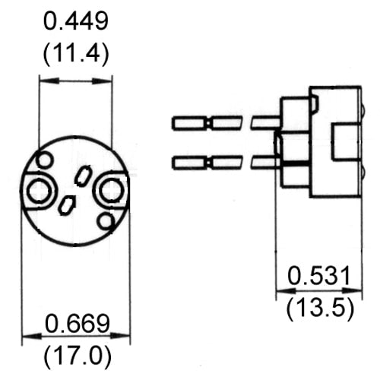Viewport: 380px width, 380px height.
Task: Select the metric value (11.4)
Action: [x=75, y=55]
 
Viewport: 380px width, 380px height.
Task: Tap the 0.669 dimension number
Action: [x=77, y=325]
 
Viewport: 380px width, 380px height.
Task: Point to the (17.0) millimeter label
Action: [x=77, y=354]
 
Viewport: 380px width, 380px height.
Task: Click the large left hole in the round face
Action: [x=37, y=190]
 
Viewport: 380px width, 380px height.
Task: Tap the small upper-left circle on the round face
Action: [x=46, y=160]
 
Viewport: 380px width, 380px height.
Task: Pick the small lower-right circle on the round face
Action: [x=106, y=222]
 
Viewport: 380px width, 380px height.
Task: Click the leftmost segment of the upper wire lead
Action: [x=190, y=122]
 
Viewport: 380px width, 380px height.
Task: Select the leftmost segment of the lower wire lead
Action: [x=190, y=162]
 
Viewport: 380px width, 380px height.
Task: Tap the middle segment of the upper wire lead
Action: [x=226, y=122]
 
